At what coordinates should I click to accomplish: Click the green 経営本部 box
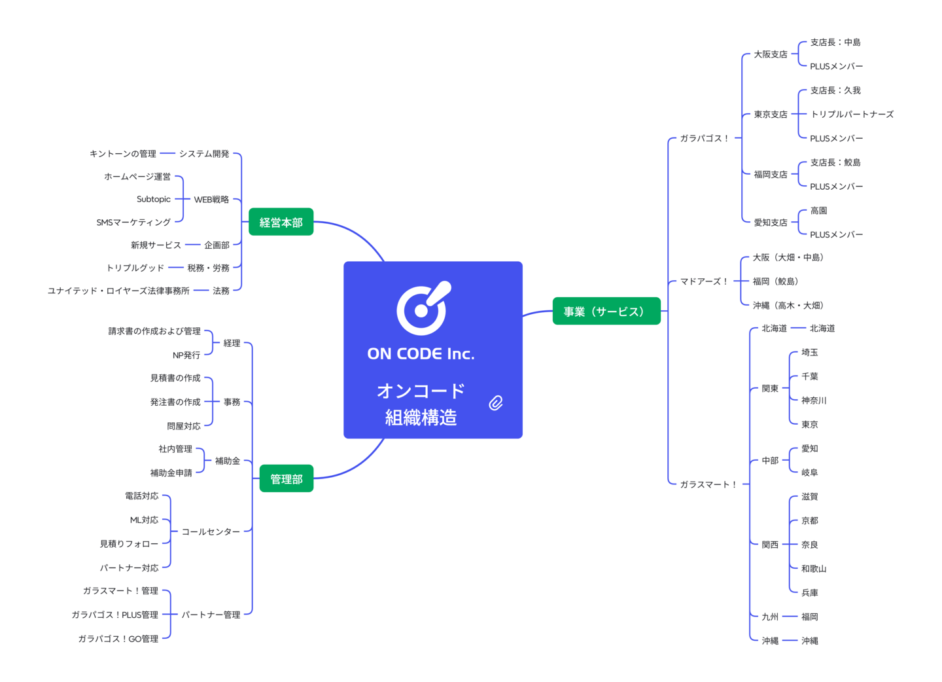[x=281, y=223]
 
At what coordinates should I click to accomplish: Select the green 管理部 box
[x=286, y=479]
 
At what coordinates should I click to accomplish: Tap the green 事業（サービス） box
[x=606, y=312]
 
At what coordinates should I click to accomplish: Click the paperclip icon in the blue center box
[x=496, y=403]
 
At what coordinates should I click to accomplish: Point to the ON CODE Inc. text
[x=421, y=354]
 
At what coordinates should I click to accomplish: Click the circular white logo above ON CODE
[x=423, y=309]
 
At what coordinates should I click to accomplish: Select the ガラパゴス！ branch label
[x=704, y=139]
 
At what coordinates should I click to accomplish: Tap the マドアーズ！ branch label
[x=704, y=281]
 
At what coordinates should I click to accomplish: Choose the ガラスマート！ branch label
[x=708, y=484]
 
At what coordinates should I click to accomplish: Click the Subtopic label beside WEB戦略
[x=154, y=200]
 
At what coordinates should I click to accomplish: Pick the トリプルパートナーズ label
[x=852, y=115]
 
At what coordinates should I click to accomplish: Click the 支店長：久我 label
[x=835, y=90]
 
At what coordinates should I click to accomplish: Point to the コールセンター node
[x=211, y=532]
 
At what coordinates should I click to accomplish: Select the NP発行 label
[x=186, y=355]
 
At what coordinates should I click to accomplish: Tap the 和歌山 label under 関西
[x=814, y=569]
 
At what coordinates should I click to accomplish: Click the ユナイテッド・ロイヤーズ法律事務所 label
[x=118, y=291]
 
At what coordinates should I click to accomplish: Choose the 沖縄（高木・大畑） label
[x=788, y=306]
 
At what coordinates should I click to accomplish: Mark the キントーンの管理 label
[x=123, y=154]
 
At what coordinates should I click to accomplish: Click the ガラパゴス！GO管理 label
[x=118, y=639]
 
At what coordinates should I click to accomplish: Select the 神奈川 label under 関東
[x=814, y=401]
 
